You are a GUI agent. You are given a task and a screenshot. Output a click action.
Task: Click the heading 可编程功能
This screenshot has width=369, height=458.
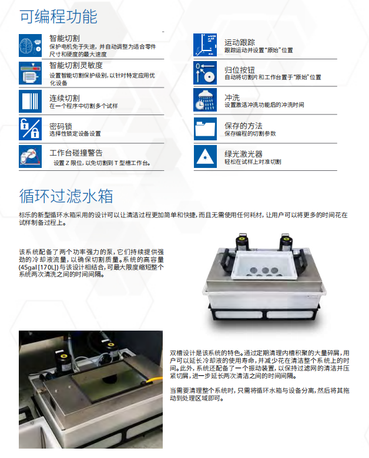pos(59,16)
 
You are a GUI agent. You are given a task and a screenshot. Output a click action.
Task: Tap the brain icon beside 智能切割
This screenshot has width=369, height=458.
pos(30,45)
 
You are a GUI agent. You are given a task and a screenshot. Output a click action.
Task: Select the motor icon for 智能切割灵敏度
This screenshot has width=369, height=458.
pos(30,73)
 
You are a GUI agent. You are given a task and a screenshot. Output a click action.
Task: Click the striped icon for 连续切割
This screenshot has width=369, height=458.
pos(30,101)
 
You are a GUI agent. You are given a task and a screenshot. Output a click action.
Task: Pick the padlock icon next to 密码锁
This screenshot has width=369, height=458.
pos(30,129)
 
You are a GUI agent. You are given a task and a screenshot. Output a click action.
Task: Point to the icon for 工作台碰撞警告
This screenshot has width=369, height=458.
pos(30,157)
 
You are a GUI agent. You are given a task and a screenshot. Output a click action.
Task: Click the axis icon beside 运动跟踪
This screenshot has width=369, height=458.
pos(205,45)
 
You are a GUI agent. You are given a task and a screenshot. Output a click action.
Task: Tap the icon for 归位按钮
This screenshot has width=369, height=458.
pos(205,73)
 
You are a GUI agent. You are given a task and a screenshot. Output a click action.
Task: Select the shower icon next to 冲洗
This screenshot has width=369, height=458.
pos(205,100)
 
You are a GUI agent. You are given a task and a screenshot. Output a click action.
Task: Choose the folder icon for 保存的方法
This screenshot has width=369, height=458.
pos(205,129)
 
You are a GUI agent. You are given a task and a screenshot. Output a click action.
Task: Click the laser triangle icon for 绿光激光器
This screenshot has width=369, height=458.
pos(205,157)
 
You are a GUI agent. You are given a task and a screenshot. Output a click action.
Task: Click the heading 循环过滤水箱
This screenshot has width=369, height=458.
pos(66,196)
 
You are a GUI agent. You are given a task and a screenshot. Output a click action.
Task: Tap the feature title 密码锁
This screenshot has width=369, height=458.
pos(61,126)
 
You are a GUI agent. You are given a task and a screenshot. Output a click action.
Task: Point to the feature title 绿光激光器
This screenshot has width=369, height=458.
pos(243,154)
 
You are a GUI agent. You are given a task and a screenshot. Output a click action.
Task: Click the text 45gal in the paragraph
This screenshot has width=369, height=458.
pos(28,267)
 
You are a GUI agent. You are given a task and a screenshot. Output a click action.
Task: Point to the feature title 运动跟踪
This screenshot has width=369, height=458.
pos(240,43)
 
